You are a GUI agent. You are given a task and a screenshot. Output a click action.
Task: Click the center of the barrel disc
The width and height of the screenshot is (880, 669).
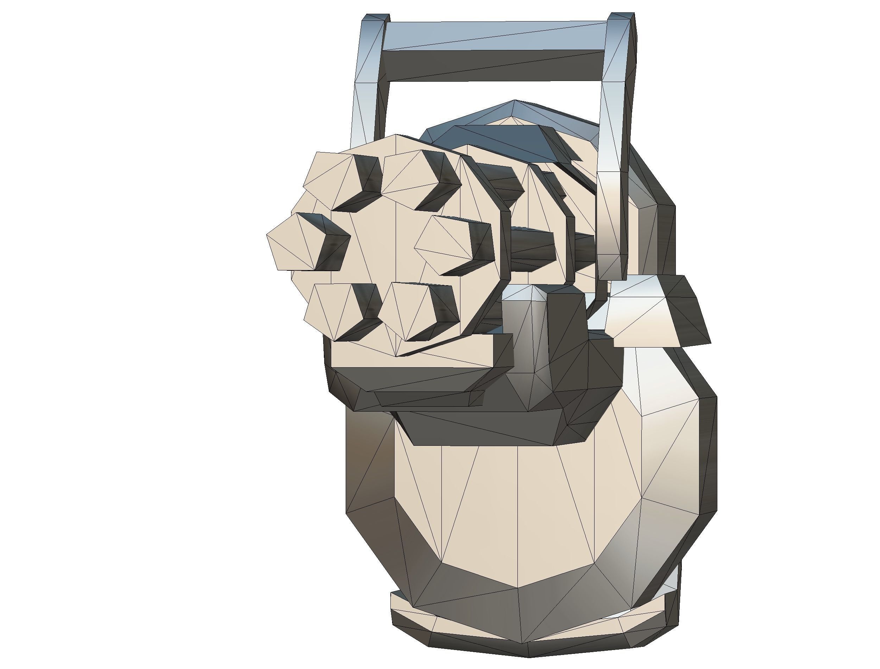point(382,247)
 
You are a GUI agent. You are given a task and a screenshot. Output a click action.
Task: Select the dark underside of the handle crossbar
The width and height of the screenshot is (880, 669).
point(494,66)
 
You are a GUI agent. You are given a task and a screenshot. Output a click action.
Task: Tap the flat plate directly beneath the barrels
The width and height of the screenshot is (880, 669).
point(410,355)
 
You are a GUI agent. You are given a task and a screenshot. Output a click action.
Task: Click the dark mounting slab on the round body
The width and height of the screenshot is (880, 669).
point(478,428)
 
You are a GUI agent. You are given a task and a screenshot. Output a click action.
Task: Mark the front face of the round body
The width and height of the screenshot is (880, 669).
point(517,518)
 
